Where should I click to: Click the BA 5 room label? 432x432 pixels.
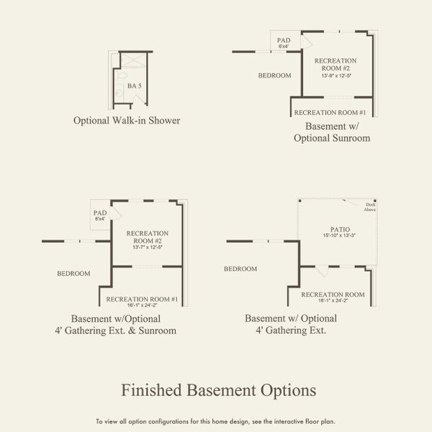(x=135, y=86)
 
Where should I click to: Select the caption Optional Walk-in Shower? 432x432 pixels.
(x=127, y=120)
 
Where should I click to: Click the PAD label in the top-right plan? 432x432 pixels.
(x=284, y=40)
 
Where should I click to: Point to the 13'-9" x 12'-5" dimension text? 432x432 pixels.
(x=336, y=75)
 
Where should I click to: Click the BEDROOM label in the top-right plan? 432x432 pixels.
(x=274, y=76)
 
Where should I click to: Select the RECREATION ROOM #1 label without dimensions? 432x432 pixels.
(x=330, y=112)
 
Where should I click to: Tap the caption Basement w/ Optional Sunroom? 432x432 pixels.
(x=332, y=132)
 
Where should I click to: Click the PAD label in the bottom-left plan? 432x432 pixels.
(x=100, y=213)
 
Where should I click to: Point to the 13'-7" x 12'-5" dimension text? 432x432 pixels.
(x=148, y=247)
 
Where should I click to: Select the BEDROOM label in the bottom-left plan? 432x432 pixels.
(x=74, y=274)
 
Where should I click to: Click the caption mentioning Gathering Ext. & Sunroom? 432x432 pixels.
(x=124, y=325)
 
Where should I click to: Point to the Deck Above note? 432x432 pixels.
(x=371, y=207)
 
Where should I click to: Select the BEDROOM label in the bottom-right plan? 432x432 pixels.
(x=240, y=269)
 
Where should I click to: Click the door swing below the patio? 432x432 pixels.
(x=323, y=271)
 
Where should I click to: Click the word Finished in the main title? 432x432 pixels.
(x=150, y=390)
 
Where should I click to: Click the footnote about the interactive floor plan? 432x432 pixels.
(x=215, y=421)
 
